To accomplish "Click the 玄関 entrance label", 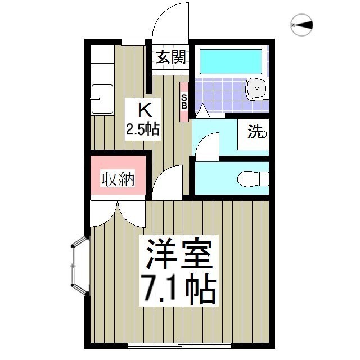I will pos(171,57).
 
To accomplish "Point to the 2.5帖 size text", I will pos(142,129).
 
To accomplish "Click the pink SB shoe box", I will pos(184,101).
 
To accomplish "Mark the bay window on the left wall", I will pos(79,265).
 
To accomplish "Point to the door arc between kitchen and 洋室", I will pos(167,181).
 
